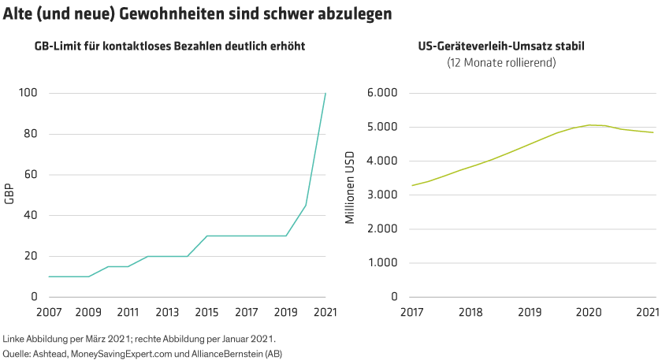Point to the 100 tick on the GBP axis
pos(28,93)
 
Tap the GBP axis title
pos(9,195)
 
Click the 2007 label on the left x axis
pos(49,312)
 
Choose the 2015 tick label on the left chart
pos(207,312)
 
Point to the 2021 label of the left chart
pos(325,312)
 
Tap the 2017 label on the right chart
pos(411,312)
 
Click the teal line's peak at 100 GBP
pos(325,94)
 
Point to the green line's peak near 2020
pos(595,124)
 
